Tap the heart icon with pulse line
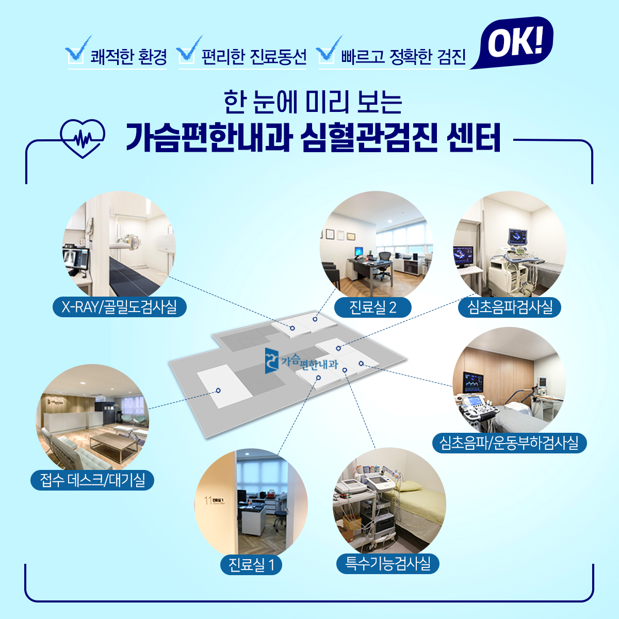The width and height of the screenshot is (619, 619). (x=83, y=138)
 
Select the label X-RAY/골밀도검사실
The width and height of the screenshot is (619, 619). (x=120, y=307)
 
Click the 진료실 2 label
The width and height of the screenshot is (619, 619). (x=372, y=307)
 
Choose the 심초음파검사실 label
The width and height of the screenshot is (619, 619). (x=510, y=307)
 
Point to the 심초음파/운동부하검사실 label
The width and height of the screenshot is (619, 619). (x=510, y=443)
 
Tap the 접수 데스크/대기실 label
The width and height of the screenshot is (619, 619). (x=92, y=480)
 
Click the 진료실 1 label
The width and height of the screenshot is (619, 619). (x=251, y=565)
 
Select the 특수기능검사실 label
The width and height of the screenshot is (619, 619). (x=387, y=564)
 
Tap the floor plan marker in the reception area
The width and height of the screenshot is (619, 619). (x=218, y=390)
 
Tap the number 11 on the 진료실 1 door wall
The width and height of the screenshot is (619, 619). (x=208, y=501)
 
